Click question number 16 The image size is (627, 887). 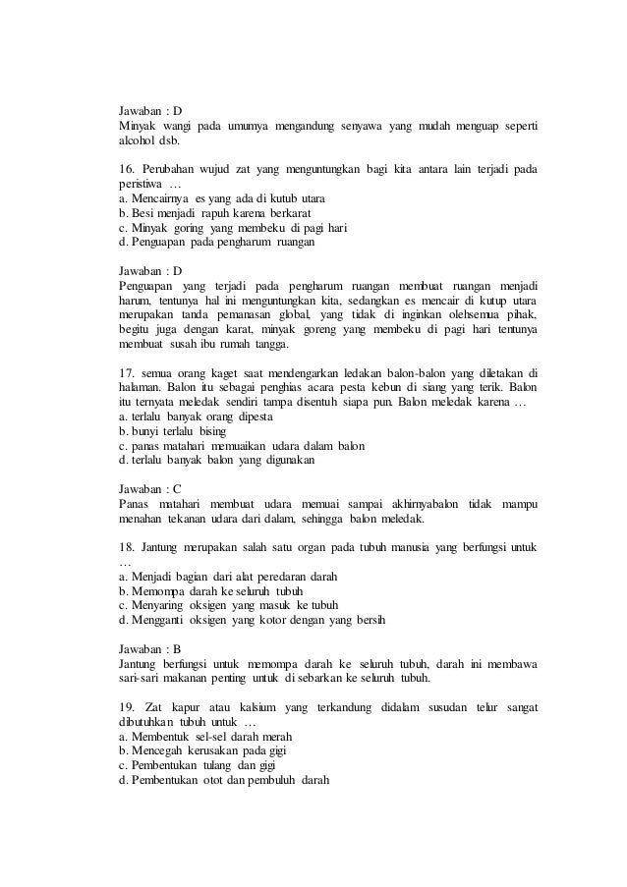[126, 169]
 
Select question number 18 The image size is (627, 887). [126, 546]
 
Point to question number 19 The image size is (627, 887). [126, 707]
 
